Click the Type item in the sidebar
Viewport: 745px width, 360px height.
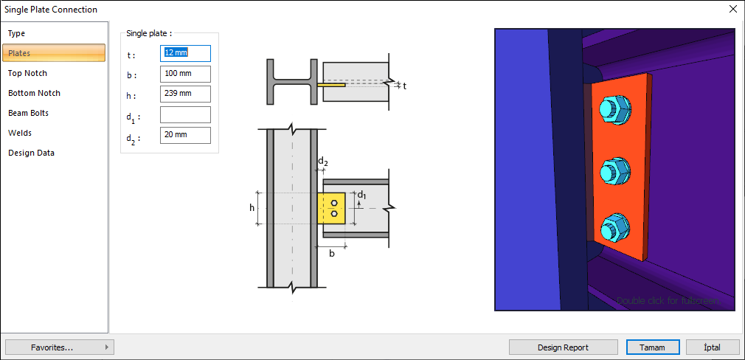[17, 33]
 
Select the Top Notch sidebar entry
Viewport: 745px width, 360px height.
[27, 73]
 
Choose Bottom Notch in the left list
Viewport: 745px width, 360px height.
[34, 93]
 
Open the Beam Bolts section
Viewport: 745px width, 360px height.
[28, 113]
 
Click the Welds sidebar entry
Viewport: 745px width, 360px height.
[20, 133]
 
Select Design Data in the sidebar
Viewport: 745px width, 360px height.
[31, 153]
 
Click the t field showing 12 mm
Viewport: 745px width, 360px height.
[185, 53]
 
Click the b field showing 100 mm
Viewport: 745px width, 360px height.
[185, 74]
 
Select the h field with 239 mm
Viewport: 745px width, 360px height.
[185, 94]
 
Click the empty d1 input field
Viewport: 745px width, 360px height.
[185, 114]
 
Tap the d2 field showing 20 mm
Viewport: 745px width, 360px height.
[185, 135]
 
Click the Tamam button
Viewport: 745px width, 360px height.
[652, 347]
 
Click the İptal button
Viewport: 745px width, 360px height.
[713, 347]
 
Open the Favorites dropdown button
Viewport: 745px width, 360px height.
[59, 347]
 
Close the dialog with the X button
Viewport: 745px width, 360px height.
[732, 10]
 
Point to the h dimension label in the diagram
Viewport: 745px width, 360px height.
[252, 207]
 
